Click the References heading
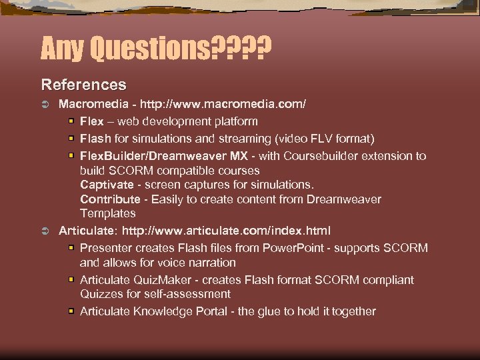(x=83, y=85)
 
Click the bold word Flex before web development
(x=92, y=121)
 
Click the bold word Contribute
(x=110, y=199)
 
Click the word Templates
(x=108, y=213)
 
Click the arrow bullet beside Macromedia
(x=45, y=105)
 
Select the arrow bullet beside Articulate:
(x=45, y=231)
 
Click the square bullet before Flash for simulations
(x=71, y=138)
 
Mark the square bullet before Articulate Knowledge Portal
(x=71, y=311)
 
